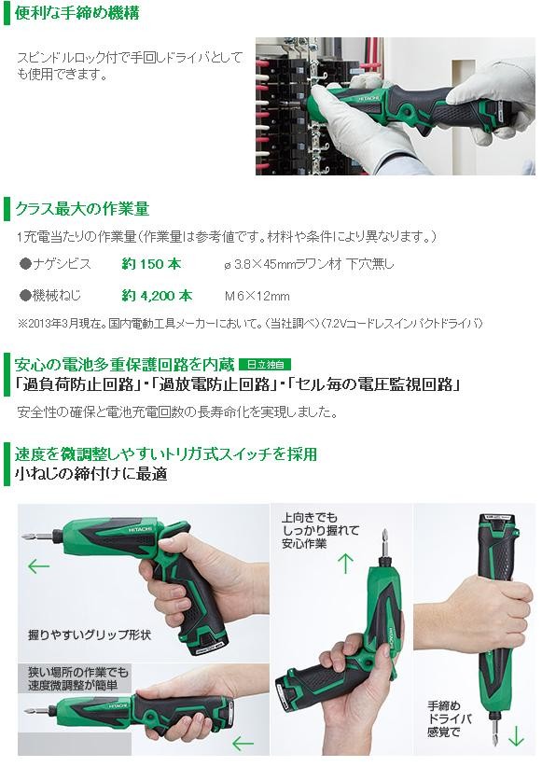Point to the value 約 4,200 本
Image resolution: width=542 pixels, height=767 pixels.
coord(157,295)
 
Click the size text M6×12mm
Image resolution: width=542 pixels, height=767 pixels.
coord(257,296)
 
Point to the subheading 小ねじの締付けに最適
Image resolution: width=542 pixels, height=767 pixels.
coord(90,474)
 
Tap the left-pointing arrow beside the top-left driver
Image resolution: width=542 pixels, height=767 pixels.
coord(38,565)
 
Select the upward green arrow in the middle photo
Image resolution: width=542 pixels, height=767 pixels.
coord(345,562)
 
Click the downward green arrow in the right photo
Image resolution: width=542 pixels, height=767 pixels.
coord(517,733)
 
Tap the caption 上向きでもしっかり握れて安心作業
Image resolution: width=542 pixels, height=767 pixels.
coord(304,530)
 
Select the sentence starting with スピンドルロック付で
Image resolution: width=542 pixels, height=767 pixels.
coord(130,65)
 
